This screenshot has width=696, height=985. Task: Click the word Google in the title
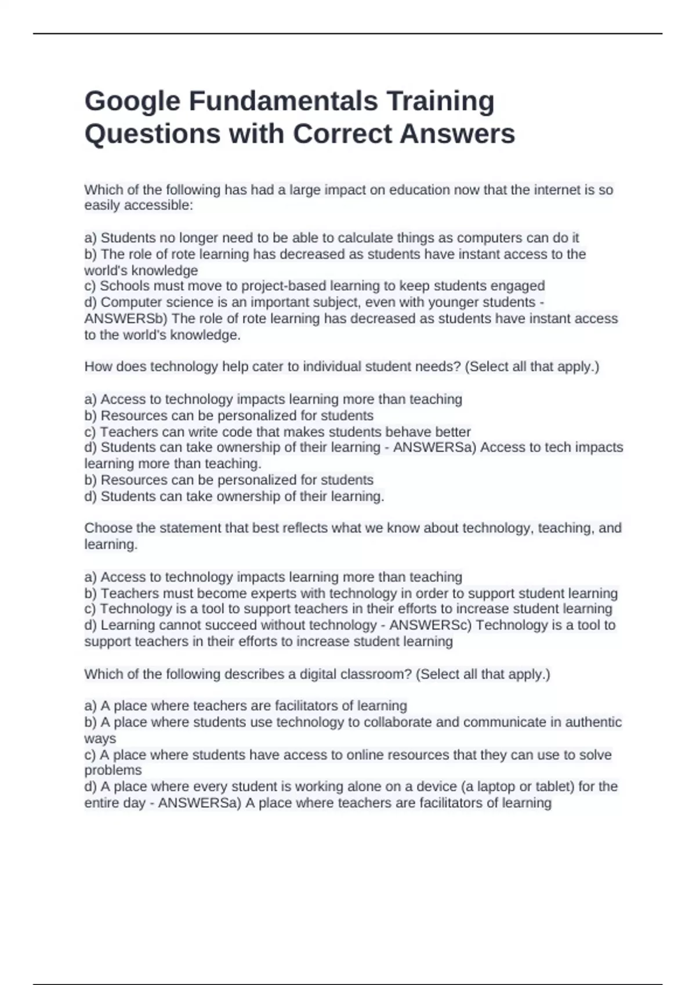pos(132,101)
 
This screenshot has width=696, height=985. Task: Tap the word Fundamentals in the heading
pos(283,101)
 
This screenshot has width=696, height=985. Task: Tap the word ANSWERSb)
pos(126,319)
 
